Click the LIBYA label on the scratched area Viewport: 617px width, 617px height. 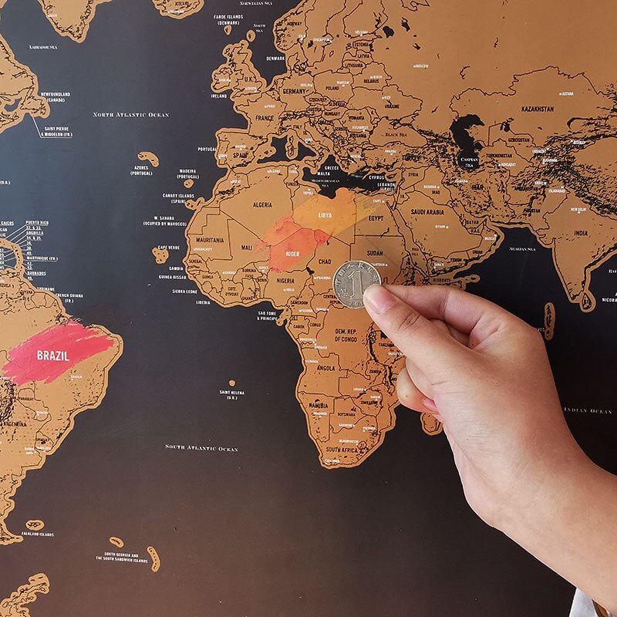point(325,214)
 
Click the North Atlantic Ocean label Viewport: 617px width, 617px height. point(130,115)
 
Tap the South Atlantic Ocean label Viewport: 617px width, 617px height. point(201,447)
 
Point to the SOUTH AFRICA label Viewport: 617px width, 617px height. point(342,449)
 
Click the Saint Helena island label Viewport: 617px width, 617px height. point(231,394)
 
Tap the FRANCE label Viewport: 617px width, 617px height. point(265,118)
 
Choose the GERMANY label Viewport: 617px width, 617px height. point(294,91)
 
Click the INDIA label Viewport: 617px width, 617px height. point(580,233)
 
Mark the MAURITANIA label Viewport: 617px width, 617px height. point(210,241)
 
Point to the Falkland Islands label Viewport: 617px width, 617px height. point(36,534)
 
